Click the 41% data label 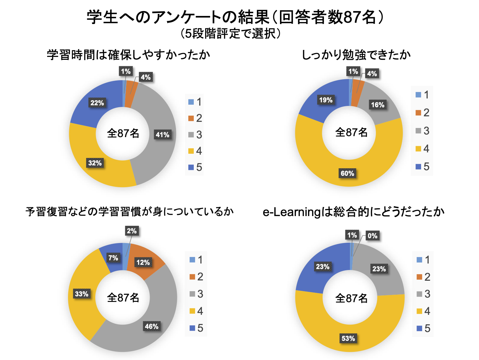point(162,135)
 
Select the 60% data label point(347,173)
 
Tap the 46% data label point(152,326)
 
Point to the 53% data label point(348,338)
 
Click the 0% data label point(372,236)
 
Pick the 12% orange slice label point(143,262)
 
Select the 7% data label point(113,258)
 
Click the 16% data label point(378,105)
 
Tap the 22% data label point(97,103)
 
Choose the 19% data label point(326,100)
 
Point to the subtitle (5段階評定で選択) point(231,33)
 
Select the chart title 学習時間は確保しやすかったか point(128,55)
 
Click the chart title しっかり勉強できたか point(356,55)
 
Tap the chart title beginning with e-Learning point(353,212)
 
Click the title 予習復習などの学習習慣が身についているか point(130,212)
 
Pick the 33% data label point(81,294)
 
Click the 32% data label point(95,163)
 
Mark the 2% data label point(132,231)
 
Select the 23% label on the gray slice point(379,269)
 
